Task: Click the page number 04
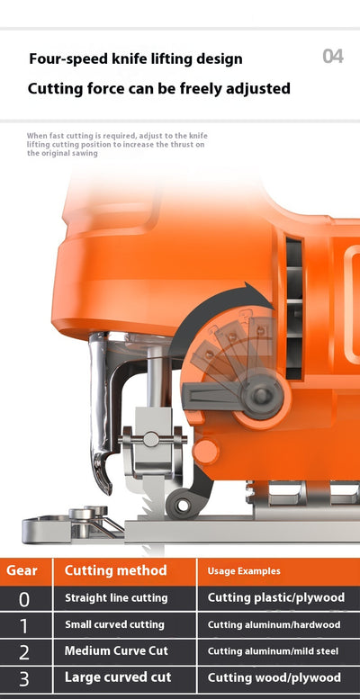click(333, 57)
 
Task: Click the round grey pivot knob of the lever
click(260, 395)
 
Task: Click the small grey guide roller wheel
click(182, 505)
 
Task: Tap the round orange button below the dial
click(206, 452)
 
